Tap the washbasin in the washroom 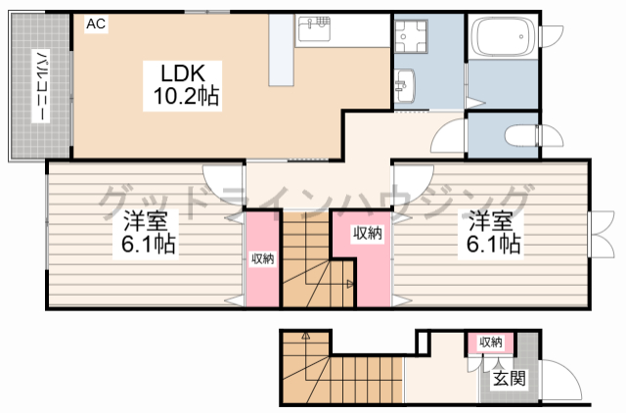pos(406,84)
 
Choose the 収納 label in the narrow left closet pos(262,258)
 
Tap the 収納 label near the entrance pos(490,342)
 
